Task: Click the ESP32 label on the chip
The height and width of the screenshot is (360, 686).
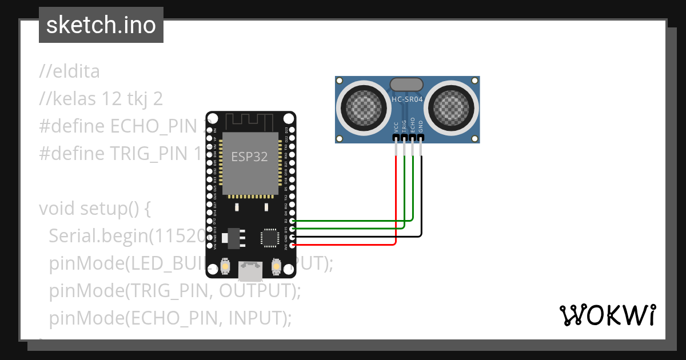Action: pos(249,157)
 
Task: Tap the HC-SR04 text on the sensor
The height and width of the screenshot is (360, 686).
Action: pos(406,99)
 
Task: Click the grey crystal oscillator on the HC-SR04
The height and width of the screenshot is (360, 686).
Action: pos(406,85)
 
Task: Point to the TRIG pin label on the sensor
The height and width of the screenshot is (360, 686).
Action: pos(404,126)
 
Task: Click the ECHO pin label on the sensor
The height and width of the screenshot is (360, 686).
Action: pos(412,126)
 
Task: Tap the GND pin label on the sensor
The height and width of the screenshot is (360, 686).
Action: pos(421,126)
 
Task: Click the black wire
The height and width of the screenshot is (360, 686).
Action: pos(421,200)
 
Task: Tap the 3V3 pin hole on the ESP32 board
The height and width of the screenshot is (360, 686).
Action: pos(293,245)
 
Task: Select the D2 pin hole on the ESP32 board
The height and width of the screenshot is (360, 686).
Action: pos(293,221)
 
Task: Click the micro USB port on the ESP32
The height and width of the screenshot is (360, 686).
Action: pos(250,270)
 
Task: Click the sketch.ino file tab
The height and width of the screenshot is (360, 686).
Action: pos(101,25)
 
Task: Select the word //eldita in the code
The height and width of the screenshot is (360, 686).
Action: pos(69,72)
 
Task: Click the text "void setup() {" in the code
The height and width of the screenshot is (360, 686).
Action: pos(94,209)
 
